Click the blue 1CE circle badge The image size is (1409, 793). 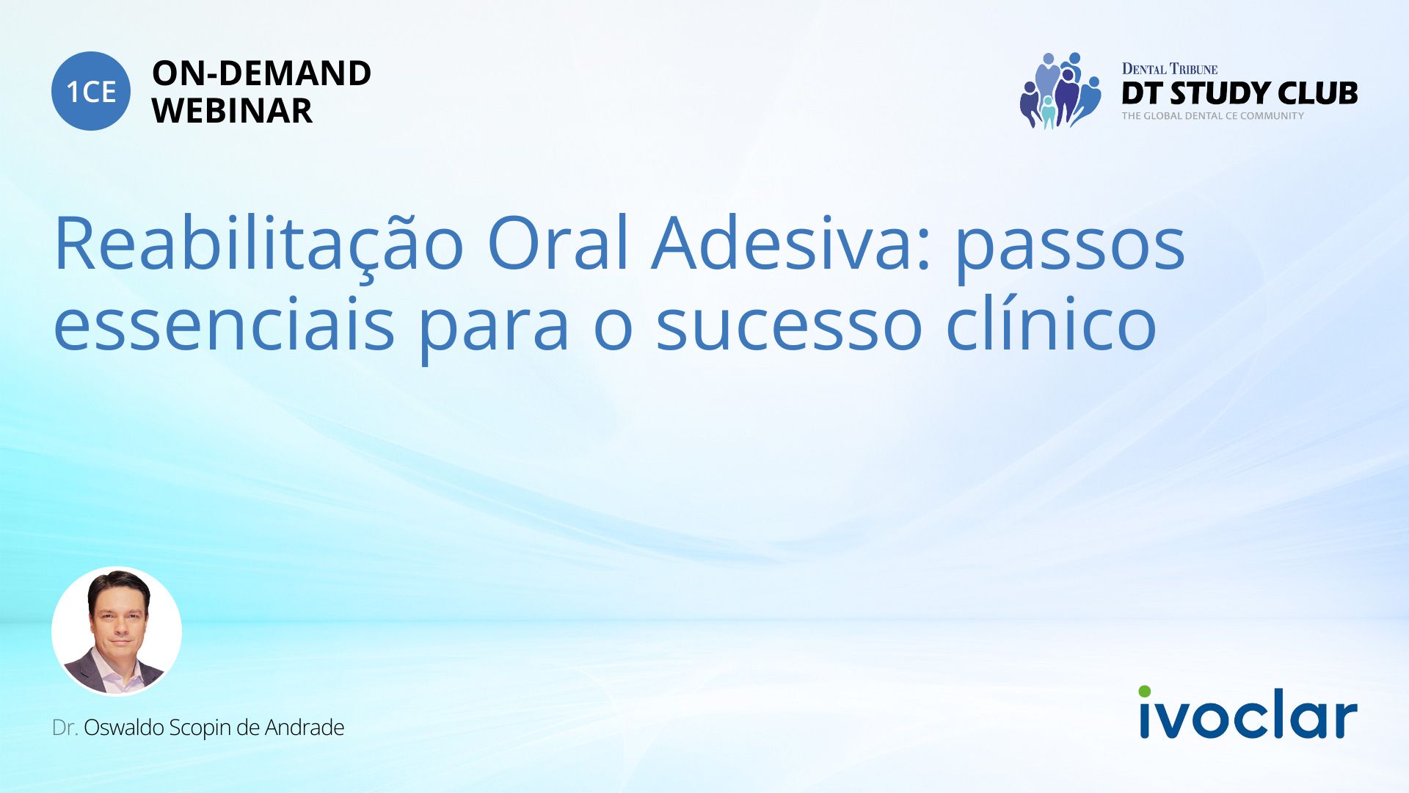(x=91, y=91)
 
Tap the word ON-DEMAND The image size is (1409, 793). (x=261, y=73)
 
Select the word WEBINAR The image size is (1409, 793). (x=232, y=111)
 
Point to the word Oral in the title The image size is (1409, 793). (x=558, y=242)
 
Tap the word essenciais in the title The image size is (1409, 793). (x=224, y=322)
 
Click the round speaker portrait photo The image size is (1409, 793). (x=117, y=631)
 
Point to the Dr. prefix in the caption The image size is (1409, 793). (x=65, y=728)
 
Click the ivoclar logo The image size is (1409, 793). (x=1248, y=712)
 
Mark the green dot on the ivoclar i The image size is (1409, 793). (x=1145, y=692)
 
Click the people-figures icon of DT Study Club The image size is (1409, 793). (x=1060, y=90)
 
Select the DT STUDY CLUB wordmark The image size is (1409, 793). (x=1239, y=93)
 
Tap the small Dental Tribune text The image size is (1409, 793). (x=1170, y=69)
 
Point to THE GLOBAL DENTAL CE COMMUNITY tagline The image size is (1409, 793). (x=1212, y=116)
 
